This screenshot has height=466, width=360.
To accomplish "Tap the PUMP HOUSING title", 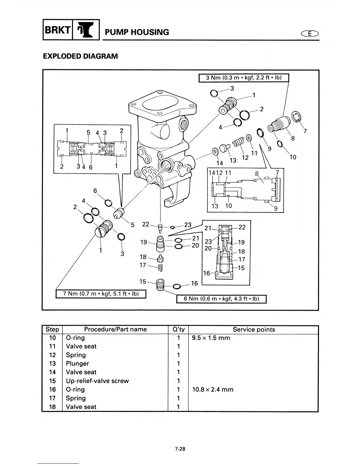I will point(137,32).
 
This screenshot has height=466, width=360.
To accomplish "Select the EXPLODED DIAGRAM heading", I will point(80,56).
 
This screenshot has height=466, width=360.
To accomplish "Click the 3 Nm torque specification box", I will point(244,78).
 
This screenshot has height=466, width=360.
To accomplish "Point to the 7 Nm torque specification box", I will point(101,294).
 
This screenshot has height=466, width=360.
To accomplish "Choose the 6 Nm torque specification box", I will point(221,299).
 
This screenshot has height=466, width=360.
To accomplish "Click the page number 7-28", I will point(180,449).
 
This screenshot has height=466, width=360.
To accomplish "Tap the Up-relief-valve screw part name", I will point(97,381).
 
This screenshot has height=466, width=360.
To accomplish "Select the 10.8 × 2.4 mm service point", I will point(212,390).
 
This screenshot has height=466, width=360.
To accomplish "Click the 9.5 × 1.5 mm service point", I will point(211,338).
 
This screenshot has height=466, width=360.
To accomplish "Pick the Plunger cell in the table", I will point(77,363).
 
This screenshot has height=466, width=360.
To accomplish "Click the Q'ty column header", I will point(178,329).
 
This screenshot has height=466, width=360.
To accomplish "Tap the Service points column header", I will point(254,329).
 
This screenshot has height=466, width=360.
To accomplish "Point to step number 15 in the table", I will point(52,381).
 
